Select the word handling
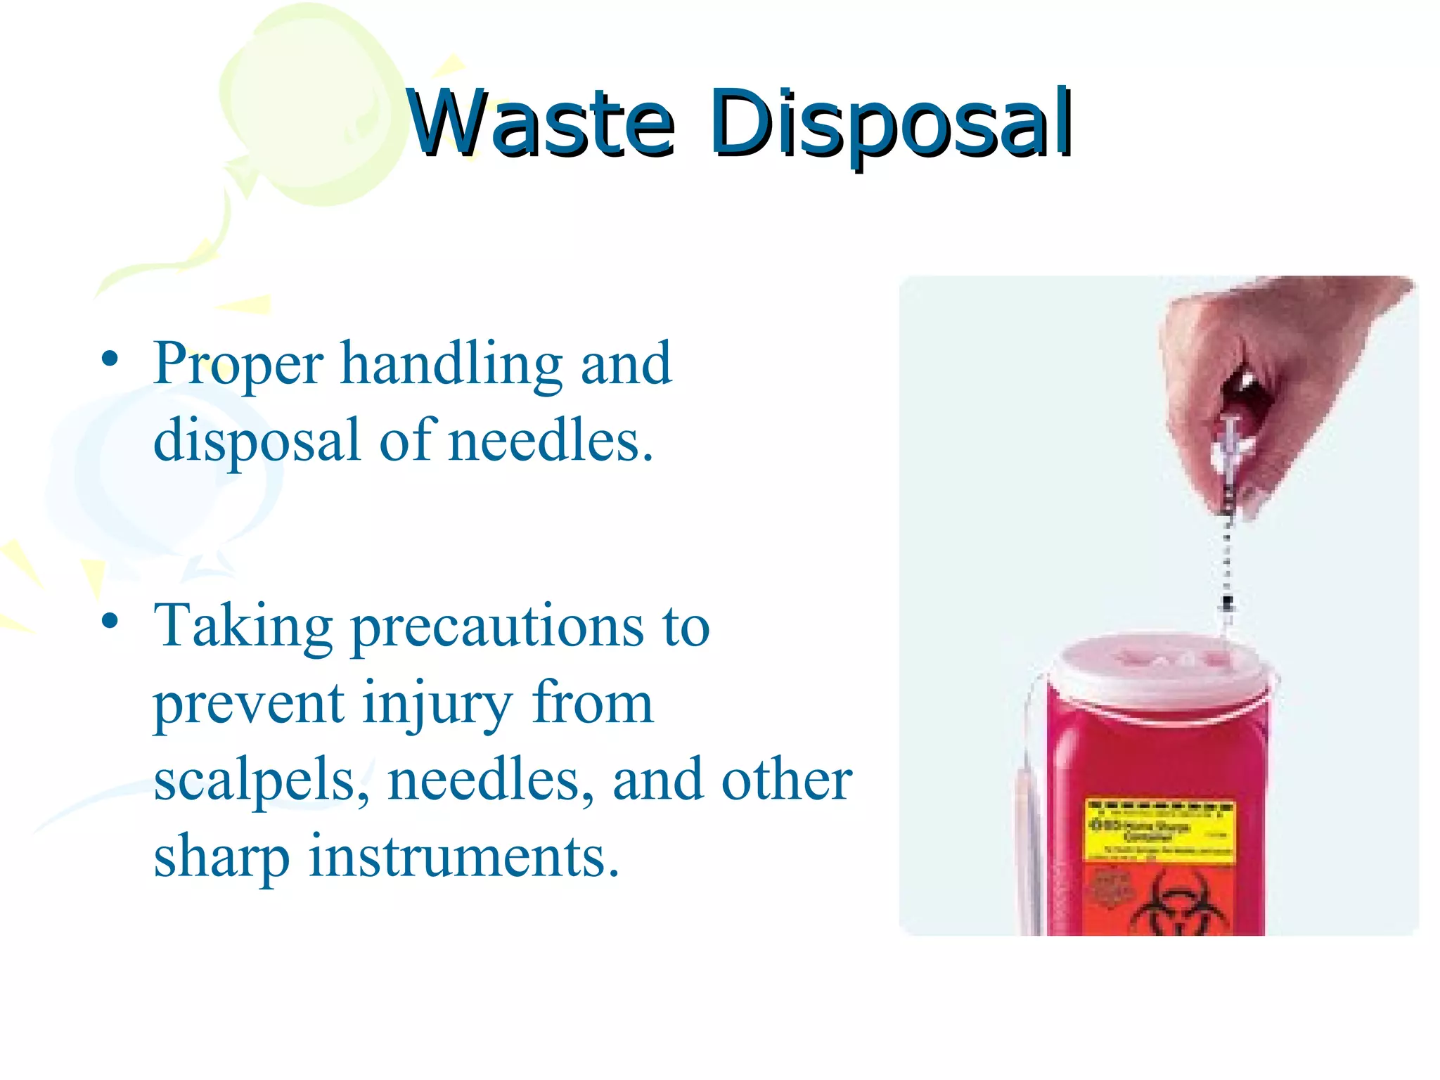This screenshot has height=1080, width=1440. click(x=451, y=366)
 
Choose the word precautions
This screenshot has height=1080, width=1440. click(x=496, y=629)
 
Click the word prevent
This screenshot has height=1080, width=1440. click(x=249, y=705)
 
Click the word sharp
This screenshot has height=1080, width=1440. click(x=221, y=859)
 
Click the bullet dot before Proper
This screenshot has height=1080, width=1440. click(x=110, y=359)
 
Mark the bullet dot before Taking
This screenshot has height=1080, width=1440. click(x=110, y=622)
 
